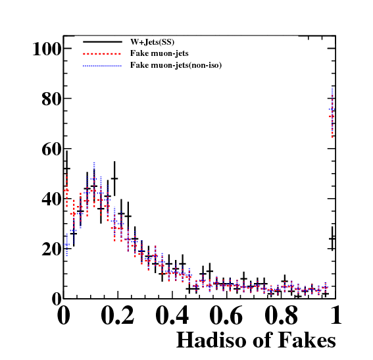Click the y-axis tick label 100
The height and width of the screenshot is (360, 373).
pos(47,49)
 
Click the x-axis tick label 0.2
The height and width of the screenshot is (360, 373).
pos(118,315)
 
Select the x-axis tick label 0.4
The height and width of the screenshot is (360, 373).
pos(172,315)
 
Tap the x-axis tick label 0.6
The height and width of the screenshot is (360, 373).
pos(226,315)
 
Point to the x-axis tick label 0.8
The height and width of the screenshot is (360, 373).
pos(281,315)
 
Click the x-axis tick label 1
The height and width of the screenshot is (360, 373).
pos(336,315)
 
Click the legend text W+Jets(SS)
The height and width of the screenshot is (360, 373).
pos(152,42)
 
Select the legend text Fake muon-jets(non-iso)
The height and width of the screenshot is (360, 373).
pos(176,65)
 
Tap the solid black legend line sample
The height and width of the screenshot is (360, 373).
pos(103,42)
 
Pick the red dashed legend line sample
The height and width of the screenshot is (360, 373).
pos(103,54)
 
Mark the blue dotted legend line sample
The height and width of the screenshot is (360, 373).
pos(103,66)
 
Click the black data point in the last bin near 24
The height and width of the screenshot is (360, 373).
pos(332,238)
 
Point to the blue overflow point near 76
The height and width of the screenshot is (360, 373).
pos(332,109)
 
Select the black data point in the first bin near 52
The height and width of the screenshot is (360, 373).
pos(67,168)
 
